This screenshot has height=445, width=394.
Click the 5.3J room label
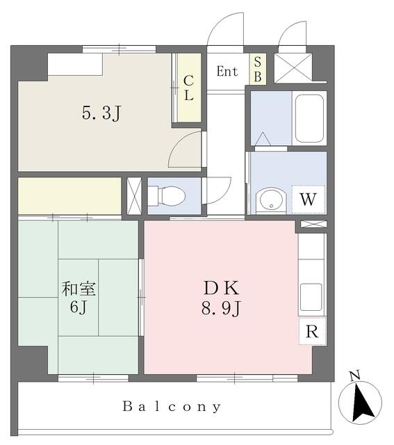point(102,113)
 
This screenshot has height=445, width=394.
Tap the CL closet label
point(188,88)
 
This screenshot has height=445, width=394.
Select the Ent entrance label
point(227,71)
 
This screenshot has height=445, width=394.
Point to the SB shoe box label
point(258,69)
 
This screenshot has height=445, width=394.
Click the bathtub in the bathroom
point(309,118)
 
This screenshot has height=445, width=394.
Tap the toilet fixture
point(167,196)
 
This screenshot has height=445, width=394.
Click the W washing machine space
point(308,200)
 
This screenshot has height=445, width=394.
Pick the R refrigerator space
point(312,331)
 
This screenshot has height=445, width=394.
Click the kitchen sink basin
point(311,297)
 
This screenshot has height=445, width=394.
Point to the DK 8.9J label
point(222,298)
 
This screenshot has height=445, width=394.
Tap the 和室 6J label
point(79,297)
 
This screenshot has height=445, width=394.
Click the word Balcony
point(172,407)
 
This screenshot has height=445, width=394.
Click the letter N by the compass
point(354,375)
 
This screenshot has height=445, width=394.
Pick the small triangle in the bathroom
point(263,139)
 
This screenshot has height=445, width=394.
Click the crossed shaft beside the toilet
point(134,196)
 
